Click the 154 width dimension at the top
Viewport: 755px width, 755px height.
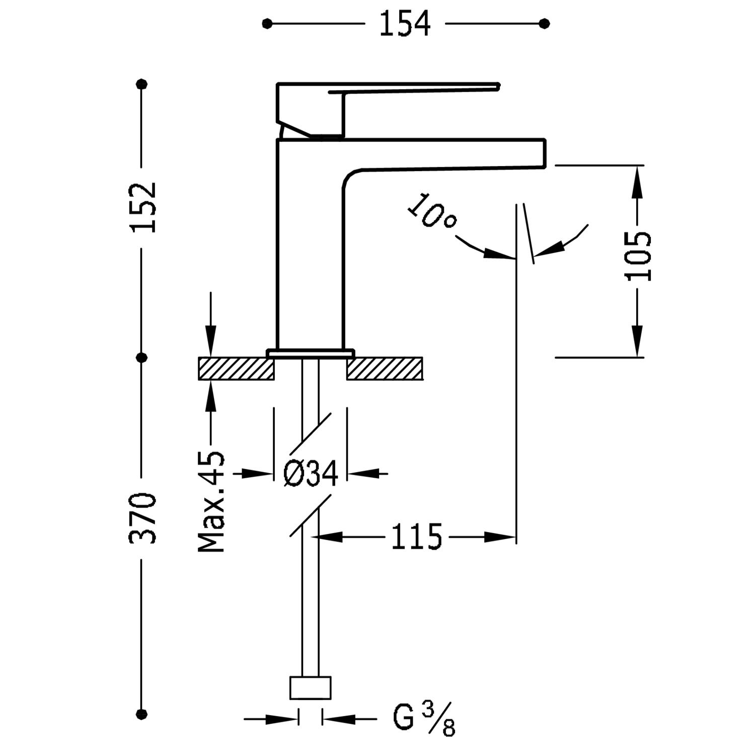405,24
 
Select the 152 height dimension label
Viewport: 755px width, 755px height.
143,207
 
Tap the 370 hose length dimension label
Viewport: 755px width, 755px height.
143,518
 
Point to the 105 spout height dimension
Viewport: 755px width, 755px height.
638,256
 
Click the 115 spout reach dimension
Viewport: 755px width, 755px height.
416,537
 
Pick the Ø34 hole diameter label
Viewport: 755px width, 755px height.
310,474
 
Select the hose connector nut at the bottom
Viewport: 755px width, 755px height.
311,688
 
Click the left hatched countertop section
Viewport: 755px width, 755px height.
236,368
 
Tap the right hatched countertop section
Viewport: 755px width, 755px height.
385,368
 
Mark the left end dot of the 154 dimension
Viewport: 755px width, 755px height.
267,23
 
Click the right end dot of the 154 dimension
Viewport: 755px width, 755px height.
544,23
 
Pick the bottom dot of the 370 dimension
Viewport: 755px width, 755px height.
142,713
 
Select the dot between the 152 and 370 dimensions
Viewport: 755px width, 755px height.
142,357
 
